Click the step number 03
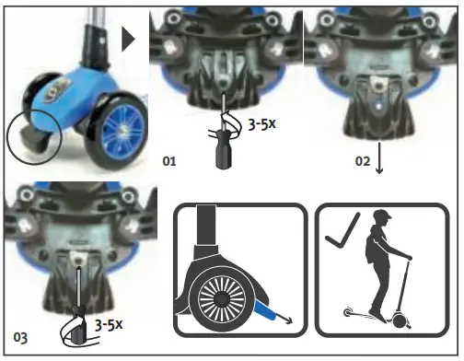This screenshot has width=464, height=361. coord(19,332)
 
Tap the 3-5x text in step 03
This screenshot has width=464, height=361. coord(110,324)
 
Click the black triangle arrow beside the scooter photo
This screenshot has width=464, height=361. coord(129,38)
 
